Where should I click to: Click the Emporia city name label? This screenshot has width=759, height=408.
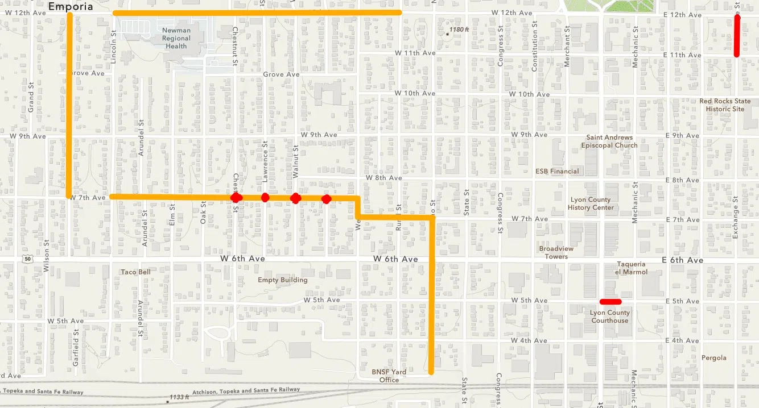pos(71,7)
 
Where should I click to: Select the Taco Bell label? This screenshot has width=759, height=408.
pos(135,272)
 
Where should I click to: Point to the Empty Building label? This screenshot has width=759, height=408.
pos(282,280)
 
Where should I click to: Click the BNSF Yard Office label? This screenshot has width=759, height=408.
pos(389,376)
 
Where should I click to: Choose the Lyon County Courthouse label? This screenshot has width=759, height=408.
pos(610,317)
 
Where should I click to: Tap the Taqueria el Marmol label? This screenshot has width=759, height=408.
pos(631,268)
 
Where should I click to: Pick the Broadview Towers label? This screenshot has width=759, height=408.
pos(556,252)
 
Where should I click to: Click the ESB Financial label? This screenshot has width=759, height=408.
pos(557,171)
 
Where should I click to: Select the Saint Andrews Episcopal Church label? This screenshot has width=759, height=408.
pos(609,141)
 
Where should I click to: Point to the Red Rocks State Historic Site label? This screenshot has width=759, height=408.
pos(725,105)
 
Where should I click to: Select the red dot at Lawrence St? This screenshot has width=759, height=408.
pos(265,197)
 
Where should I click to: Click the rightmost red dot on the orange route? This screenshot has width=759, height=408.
pos(326,199)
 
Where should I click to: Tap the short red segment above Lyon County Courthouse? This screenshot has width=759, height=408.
pos(610,301)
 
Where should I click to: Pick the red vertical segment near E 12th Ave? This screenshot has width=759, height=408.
pos(737,35)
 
